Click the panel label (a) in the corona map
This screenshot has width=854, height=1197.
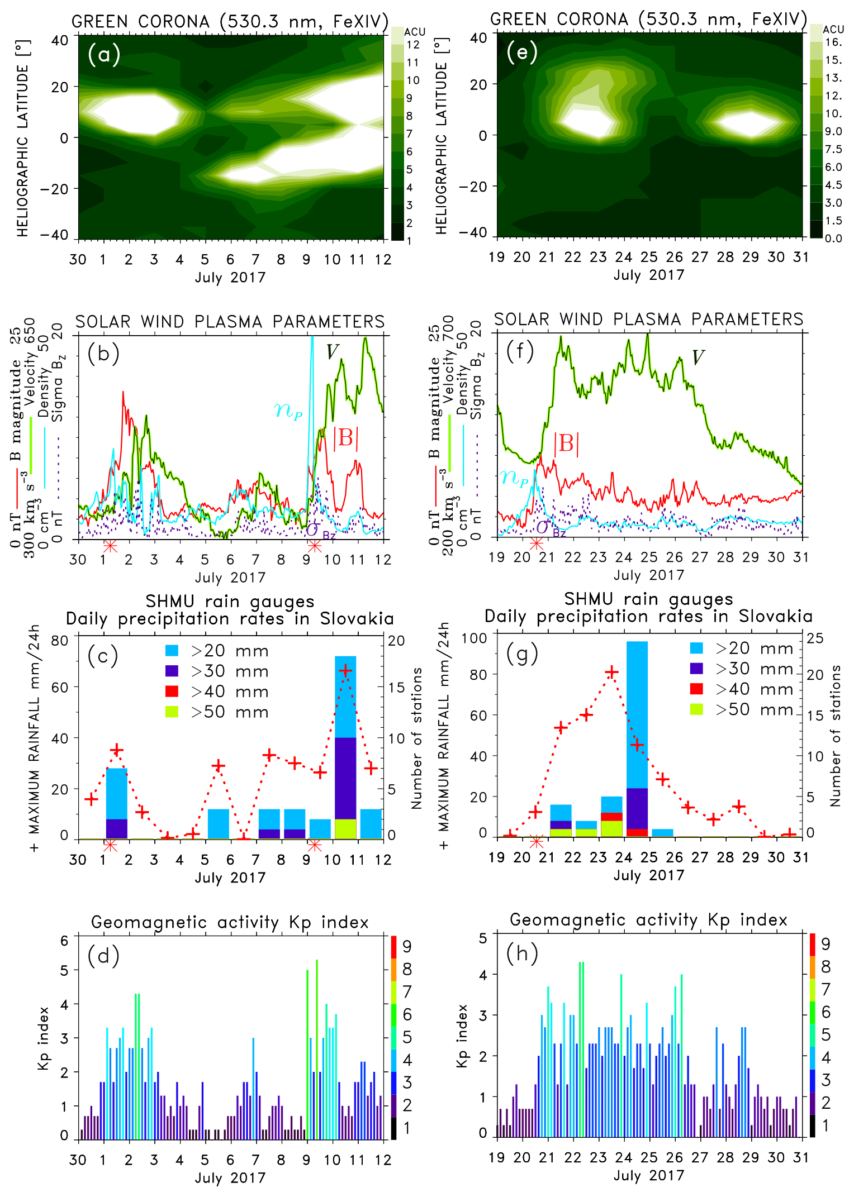[x=104, y=55]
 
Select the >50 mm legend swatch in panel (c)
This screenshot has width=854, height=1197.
[x=172, y=712]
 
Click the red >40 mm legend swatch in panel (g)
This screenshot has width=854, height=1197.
[x=696, y=689]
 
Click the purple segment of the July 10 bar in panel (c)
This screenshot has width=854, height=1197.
[x=345, y=778]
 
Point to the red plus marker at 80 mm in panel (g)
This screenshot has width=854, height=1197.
[x=612, y=673]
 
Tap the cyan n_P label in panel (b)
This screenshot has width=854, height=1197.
[x=288, y=411]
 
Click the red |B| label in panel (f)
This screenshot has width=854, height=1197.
[x=566, y=443]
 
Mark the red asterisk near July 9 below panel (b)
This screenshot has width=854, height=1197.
[x=315, y=546]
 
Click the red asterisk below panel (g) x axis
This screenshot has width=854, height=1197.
[x=537, y=841]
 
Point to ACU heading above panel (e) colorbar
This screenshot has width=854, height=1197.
[x=833, y=29]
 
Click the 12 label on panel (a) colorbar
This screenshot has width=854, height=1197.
[x=413, y=45]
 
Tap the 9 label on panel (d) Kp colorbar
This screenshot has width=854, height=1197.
[x=407, y=946]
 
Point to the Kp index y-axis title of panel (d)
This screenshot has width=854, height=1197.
[x=44, y=1039]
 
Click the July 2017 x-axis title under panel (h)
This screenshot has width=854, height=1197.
[x=648, y=1175]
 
